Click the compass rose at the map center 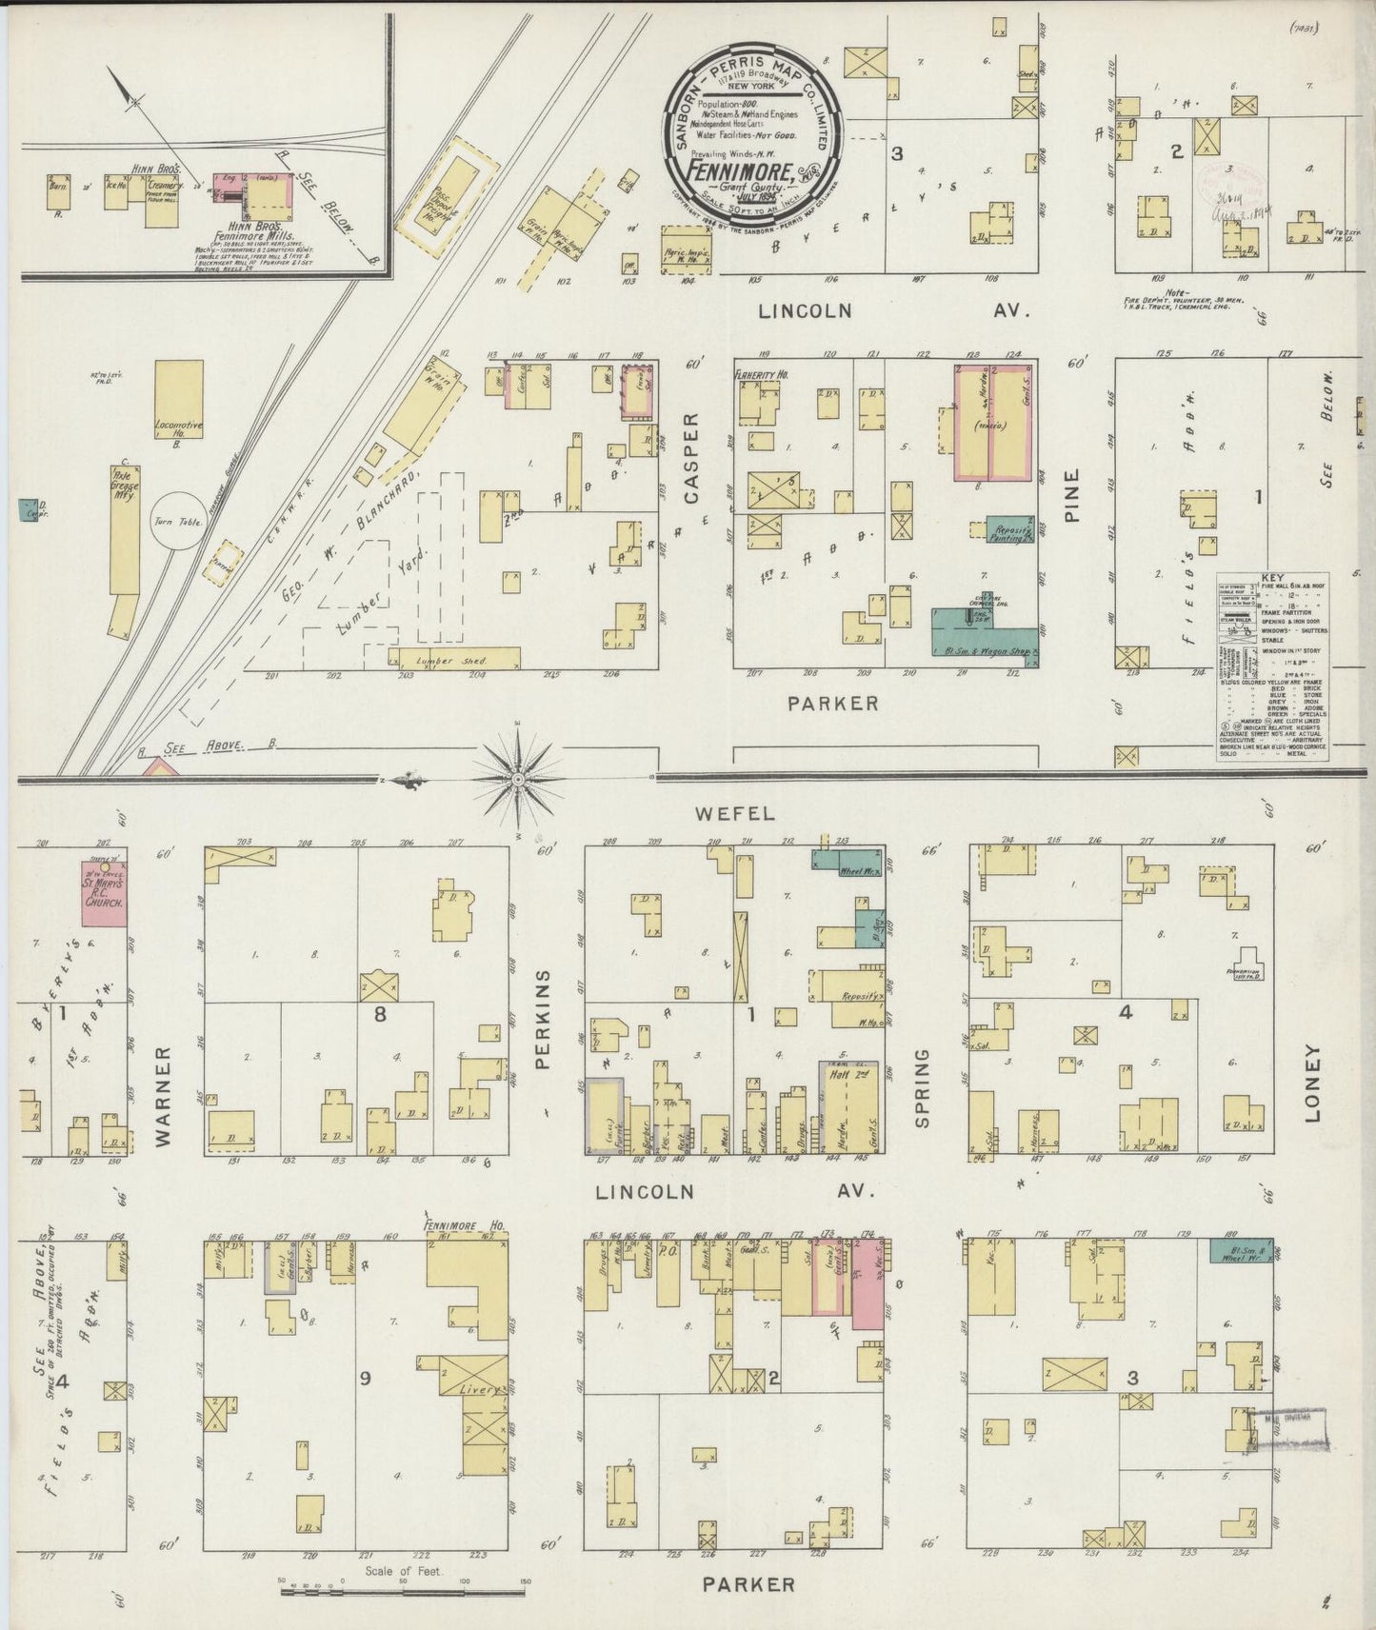click(517, 779)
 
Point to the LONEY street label click(1313, 1083)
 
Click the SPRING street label click(921, 1088)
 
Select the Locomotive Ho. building click(179, 399)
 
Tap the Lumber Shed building click(456, 659)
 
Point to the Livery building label click(481, 1389)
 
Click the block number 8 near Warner click(380, 1014)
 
